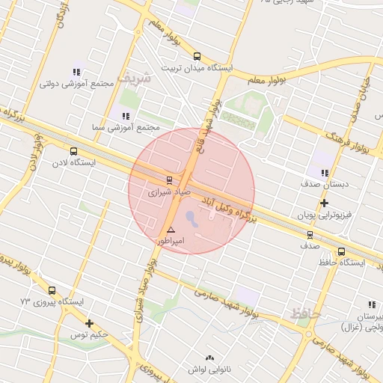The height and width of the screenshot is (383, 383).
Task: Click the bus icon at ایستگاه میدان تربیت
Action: [197, 56]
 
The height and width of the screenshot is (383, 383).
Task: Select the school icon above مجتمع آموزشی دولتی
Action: [76, 72]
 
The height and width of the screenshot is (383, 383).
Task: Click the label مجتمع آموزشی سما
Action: [125, 128]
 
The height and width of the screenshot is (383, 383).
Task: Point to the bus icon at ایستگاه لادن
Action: [73, 151]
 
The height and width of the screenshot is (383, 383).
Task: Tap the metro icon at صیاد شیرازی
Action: [169, 180]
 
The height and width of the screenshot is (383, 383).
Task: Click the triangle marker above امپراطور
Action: [171, 230]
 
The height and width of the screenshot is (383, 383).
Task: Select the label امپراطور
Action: [171, 242]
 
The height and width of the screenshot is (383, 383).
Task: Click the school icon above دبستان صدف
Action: [325, 173]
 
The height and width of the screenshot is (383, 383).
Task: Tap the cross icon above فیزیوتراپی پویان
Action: [324, 203]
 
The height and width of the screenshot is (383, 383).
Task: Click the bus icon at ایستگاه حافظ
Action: [341, 251]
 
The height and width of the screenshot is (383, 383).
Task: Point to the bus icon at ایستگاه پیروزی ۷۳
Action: [52, 290]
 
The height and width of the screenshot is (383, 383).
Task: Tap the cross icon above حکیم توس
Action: [90, 323]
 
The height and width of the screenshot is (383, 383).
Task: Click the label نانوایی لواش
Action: [202, 369]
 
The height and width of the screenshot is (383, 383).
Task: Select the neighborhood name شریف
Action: [138, 76]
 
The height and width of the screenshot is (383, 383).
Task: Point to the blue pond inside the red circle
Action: [191, 219]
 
